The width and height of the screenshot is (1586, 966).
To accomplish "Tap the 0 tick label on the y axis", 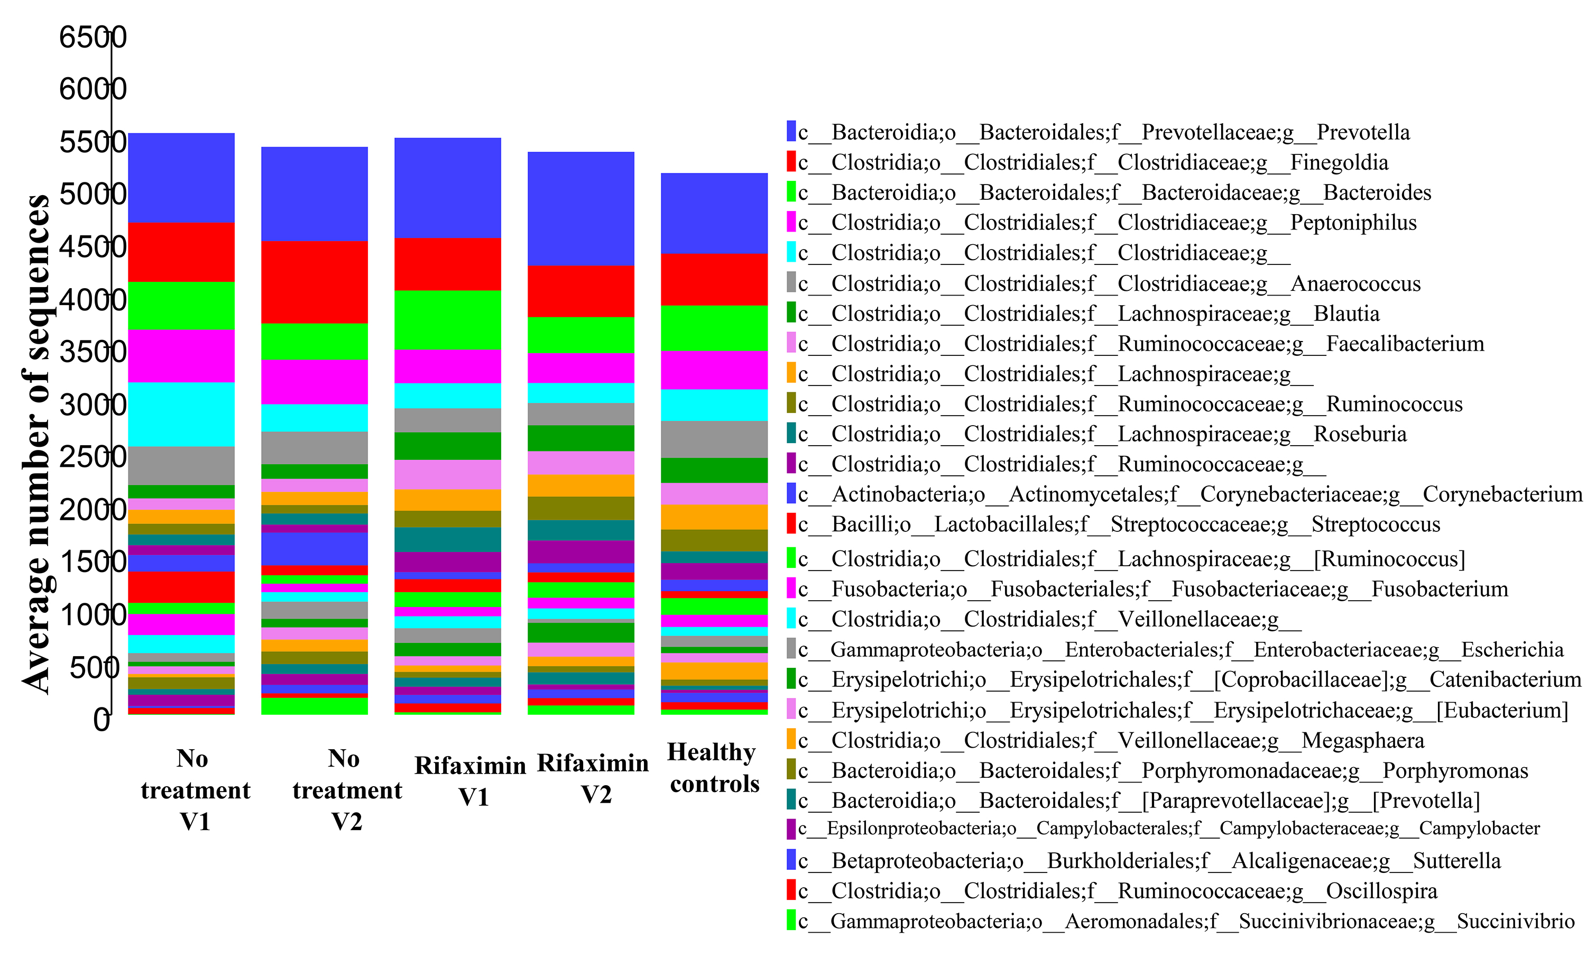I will [x=101, y=720].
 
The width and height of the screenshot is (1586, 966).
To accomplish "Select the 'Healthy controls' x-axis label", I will [x=714, y=768].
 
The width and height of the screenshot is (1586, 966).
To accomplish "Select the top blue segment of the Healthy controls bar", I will [x=714, y=213].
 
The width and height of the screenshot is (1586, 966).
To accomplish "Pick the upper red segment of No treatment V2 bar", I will [x=314, y=282].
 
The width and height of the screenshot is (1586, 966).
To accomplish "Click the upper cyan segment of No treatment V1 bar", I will [x=181, y=414].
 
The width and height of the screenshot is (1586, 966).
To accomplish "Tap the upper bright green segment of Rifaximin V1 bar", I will [x=447, y=320].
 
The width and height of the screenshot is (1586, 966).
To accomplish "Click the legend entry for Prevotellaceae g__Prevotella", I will [x=1103, y=132].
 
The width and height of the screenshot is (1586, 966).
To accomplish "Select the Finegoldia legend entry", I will [x=1093, y=162].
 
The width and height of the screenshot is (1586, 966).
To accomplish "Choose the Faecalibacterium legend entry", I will [x=1140, y=344].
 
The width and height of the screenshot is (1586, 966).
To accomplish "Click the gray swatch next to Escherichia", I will [x=791, y=649].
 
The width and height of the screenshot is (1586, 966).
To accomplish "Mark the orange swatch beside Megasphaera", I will [x=791, y=740].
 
